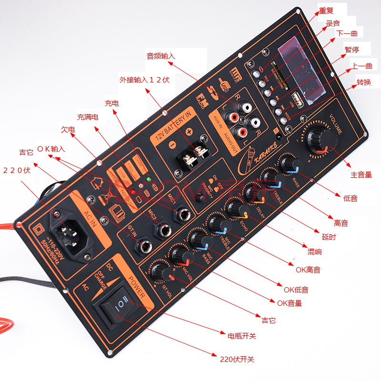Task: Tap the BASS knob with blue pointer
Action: [289, 164]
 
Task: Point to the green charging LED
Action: [149, 180]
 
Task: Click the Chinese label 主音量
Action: [361, 174]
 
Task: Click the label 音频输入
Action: [160, 56]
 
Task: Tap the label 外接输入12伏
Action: [144, 80]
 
